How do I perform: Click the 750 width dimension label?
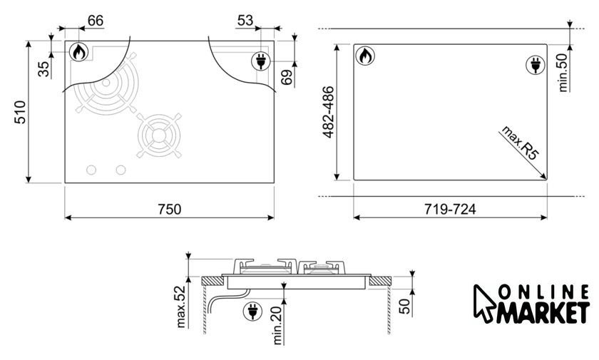pos(170,209)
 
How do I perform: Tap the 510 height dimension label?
pos(20,112)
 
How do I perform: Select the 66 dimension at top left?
pos(96,21)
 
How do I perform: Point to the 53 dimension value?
pos(245,21)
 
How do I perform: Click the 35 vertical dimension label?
pos(44,69)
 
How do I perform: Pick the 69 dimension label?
pos(287,78)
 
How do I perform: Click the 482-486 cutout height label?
pos(328,112)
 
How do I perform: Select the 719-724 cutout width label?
pos(450,209)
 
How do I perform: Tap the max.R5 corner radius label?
pos(521,143)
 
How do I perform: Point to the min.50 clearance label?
pos(563,73)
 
